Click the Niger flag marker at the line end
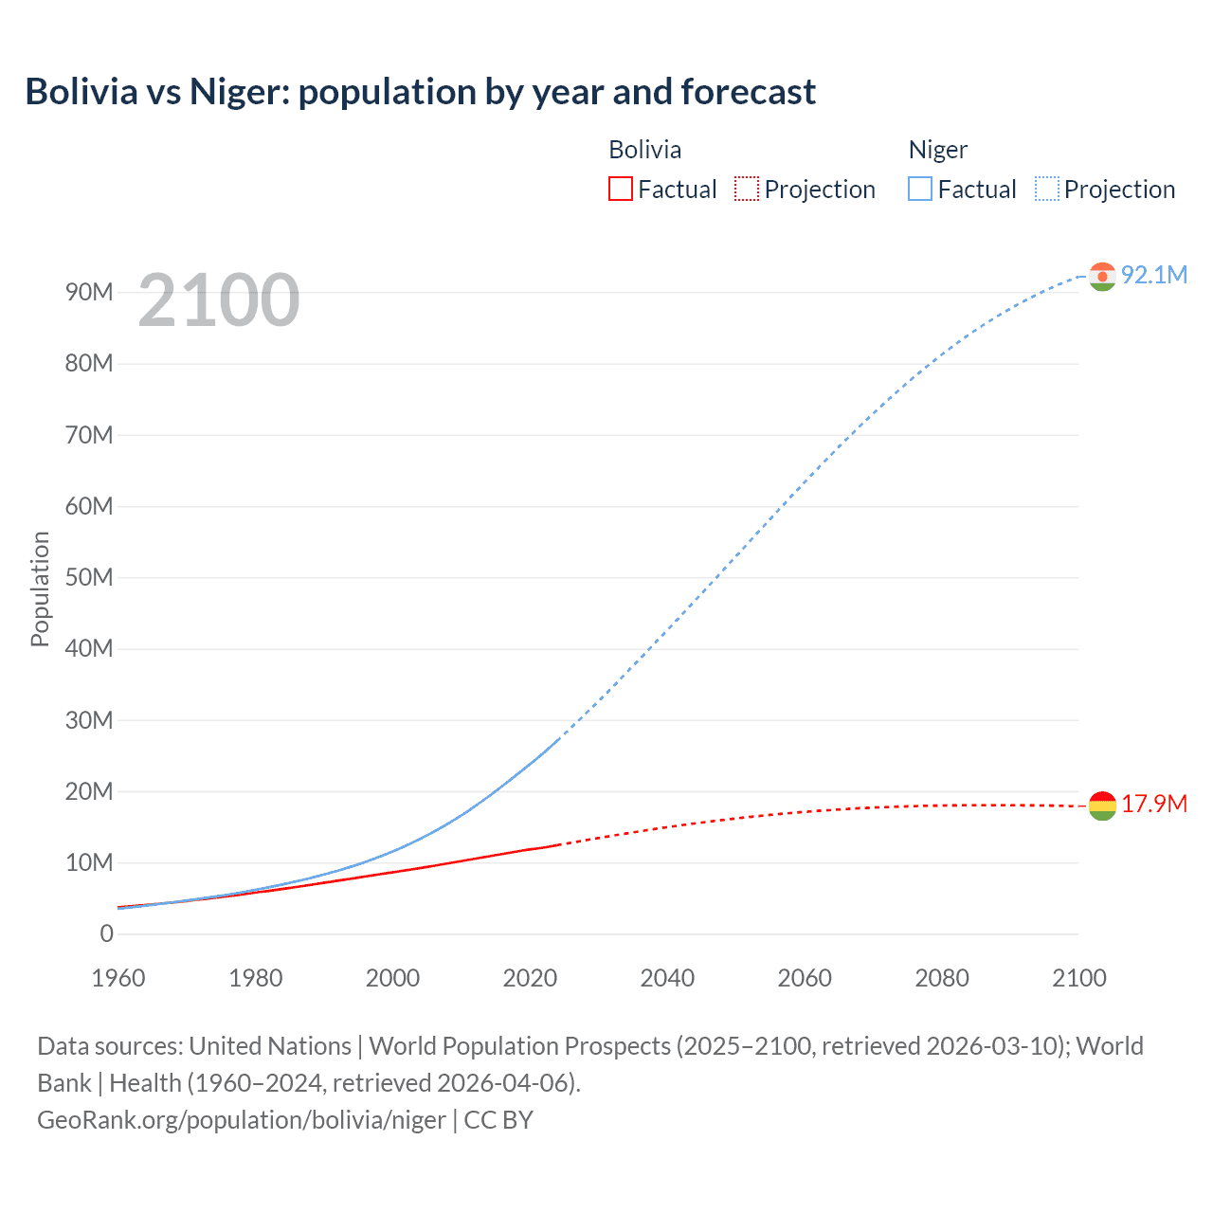pyautogui.click(x=1102, y=277)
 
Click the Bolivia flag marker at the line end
pyautogui.click(x=1102, y=806)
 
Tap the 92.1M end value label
pyautogui.click(x=1153, y=275)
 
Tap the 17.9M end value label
pyautogui.click(x=1153, y=804)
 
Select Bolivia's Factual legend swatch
pyautogui.click(x=620, y=190)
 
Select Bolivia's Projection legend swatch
pyautogui.click(x=747, y=190)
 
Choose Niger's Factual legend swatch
pyautogui.click(x=920, y=190)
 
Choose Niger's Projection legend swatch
pyautogui.click(x=1047, y=190)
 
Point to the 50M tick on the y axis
pyautogui.click(x=89, y=577)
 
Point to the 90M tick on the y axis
pyautogui.click(x=89, y=292)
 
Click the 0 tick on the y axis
pyautogui.click(x=106, y=933)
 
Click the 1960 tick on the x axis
pyautogui.click(x=118, y=978)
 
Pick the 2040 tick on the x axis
pyautogui.click(x=667, y=978)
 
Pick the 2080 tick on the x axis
pyautogui.click(x=942, y=978)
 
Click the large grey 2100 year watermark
pyautogui.click(x=219, y=300)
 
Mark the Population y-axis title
pyautogui.click(x=40, y=588)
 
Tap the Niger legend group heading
pyautogui.click(x=938, y=150)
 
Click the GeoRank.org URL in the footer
pyautogui.click(x=241, y=1119)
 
